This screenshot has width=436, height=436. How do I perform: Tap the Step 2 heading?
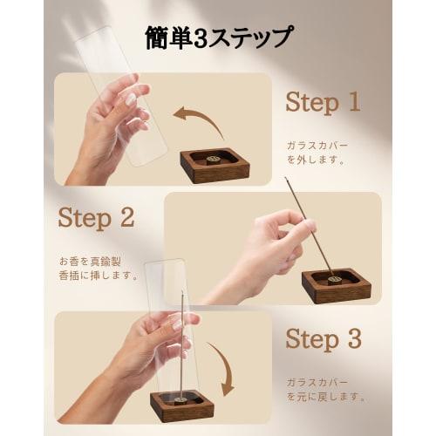(x=96, y=217)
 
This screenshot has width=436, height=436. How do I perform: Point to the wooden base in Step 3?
(x=181, y=405)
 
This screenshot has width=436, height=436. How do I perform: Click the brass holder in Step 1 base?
(x=213, y=160)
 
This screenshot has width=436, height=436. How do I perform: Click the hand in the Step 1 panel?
(x=113, y=131)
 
